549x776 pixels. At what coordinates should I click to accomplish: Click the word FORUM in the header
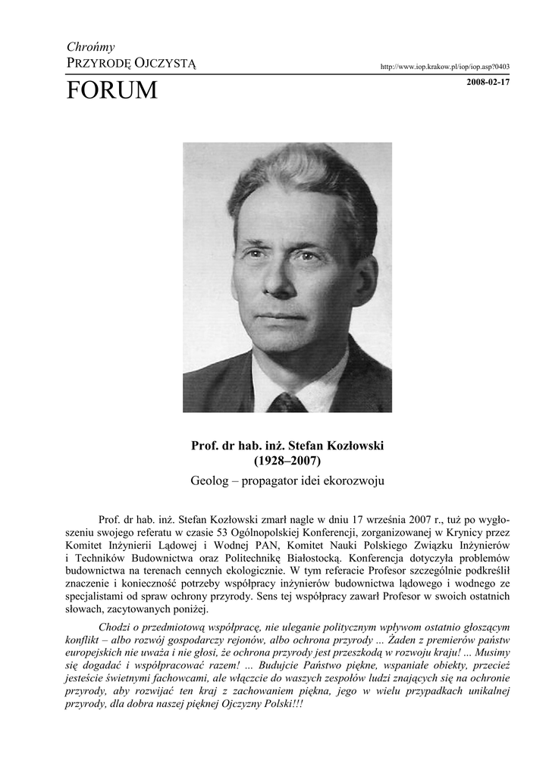(111, 91)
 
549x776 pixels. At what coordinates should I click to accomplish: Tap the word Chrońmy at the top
(90, 47)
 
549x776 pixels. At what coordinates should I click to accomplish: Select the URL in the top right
(445, 67)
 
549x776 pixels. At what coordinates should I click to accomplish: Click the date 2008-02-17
(488, 82)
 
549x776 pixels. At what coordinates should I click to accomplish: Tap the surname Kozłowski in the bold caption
(349, 446)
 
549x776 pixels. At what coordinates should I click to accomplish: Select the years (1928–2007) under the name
(287, 461)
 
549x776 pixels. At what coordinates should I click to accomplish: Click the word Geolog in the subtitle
(210, 480)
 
